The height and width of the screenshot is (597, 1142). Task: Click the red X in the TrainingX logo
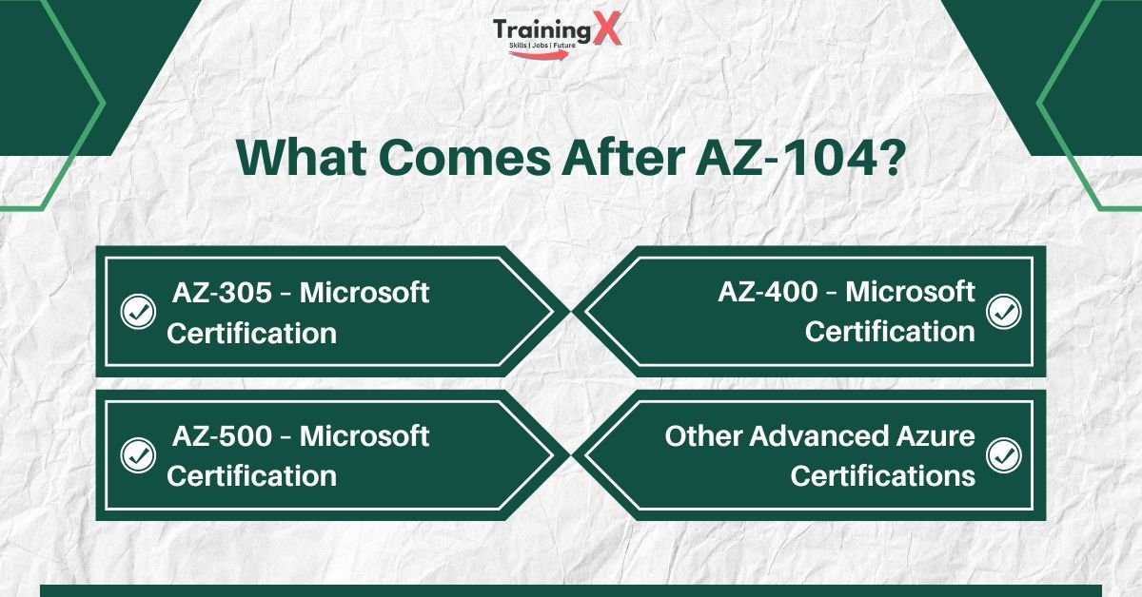[605, 32]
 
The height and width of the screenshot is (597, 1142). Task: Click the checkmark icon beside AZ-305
[138, 311]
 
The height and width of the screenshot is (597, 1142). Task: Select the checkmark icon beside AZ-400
[1003, 311]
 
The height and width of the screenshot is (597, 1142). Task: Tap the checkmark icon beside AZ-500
[138, 454]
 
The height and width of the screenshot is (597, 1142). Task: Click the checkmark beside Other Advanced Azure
[1003, 454]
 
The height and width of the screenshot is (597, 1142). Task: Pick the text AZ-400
[767, 291]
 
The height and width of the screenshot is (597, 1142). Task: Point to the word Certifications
[882, 475]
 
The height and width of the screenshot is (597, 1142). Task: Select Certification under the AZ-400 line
[890, 331]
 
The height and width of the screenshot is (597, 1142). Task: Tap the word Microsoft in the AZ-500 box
[364, 436]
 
